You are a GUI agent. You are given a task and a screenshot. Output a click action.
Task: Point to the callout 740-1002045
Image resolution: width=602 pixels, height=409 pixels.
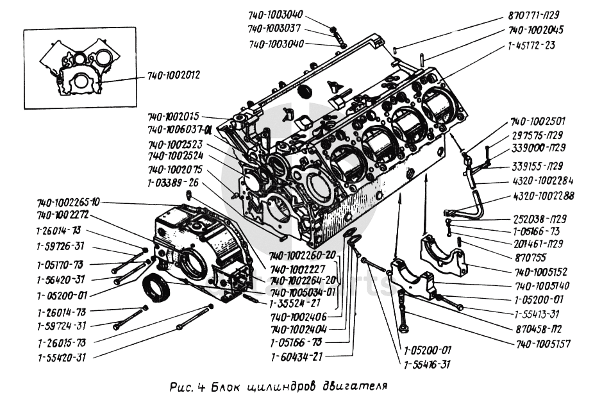click(536, 30)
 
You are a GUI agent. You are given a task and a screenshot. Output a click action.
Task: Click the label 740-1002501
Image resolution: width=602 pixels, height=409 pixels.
click(538, 121)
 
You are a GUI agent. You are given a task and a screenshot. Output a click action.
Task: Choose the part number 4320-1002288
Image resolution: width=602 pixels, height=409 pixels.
click(544, 197)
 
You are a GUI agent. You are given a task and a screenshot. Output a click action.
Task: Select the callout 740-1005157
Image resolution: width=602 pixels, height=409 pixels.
click(542, 344)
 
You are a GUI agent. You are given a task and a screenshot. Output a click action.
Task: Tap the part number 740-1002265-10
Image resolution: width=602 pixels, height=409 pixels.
click(69, 203)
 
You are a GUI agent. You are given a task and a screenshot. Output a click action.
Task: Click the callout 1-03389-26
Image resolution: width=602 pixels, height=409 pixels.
click(173, 182)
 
